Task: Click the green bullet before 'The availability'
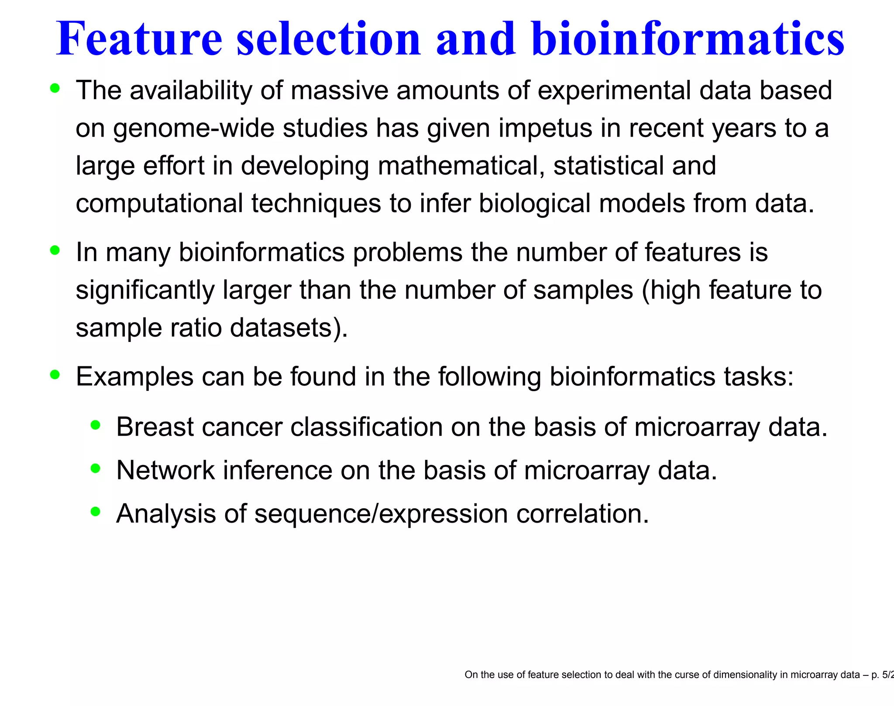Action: click(x=55, y=88)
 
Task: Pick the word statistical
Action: click(x=609, y=166)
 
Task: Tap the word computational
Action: click(x=159, y=204)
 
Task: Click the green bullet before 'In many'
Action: click(x=55, y=251)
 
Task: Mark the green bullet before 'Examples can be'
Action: click(x=55, y=375)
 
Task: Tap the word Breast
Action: click(x=155, y=427)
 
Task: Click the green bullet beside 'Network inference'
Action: click(x=96, y=468)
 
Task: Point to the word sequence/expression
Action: click(x=381, y=514)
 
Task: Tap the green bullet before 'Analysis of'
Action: click(x=96, y=511)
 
